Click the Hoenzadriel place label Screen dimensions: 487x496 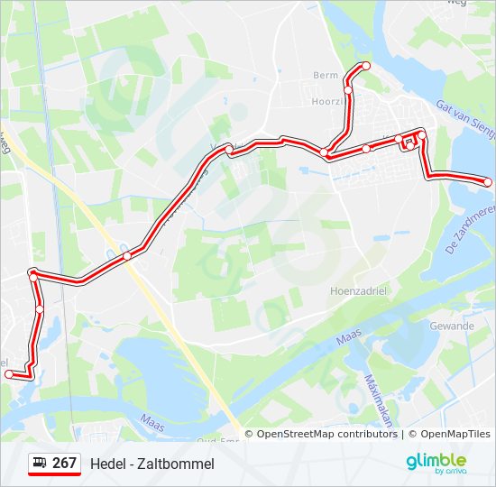pyautogui.click(x=358, y=291)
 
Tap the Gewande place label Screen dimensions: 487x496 pyautogui.click(x=453, y=326)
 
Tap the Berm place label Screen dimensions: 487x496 pyautogui.click(x=325, y=75)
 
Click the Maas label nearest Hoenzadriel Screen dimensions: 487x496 pyautogui.click(x=347, y=340)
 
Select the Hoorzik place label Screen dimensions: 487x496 pyautogui.click(x=326, y=102)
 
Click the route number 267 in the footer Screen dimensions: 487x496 pyautogui.click(x=64, y=464)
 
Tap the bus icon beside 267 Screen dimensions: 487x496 pyautogui.click(x=41, y=464)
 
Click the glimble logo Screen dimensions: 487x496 pyautogui.click(x=436, y=463)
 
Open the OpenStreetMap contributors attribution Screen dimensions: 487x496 pyautogui.click(x=326, y=434)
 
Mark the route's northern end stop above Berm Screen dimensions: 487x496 pyautogui.click(x=366, y=66)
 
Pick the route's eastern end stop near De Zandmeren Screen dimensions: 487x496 pyautogui.click(x=488, y=182)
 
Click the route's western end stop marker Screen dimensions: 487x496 pyautogui.click(x=8, y=373)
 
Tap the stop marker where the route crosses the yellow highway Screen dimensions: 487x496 pyautogui.click(x=127, y=256)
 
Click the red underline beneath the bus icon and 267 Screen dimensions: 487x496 pyautogui.click(x=54, y=474)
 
